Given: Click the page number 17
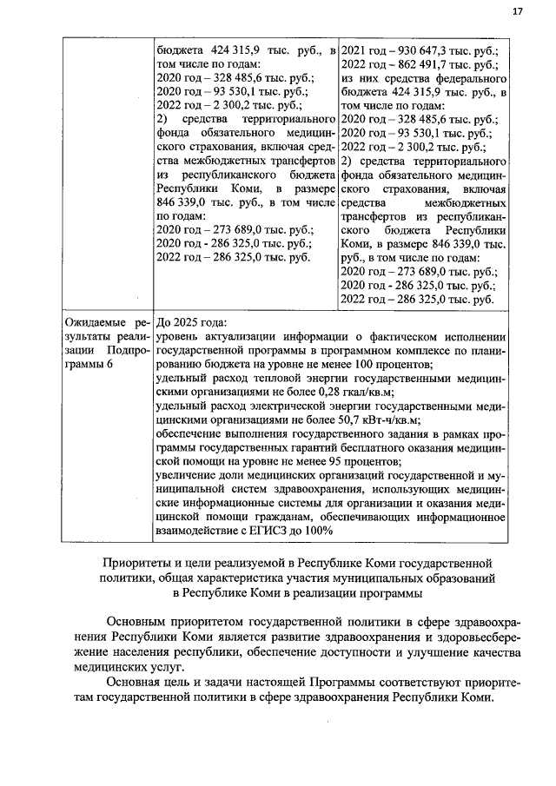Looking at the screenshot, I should (x=518, y=11).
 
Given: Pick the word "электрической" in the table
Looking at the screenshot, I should (x=278, y=406).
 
